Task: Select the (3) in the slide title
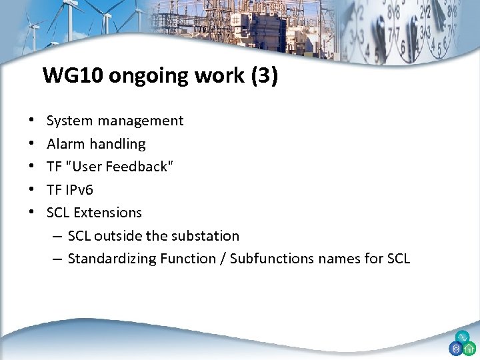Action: pyautogui.click(x=263, y=76)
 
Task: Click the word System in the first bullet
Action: pyautogui.click(x=69, y=121)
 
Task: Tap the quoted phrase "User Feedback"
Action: pyautogui.click(x=119, y=167)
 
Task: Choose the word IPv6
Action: pyautogui.click(x=79, y=189)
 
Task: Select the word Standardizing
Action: pyautogui.click(x=112, y=259)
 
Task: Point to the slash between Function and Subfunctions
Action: pyautogui.click(x=221, y=259)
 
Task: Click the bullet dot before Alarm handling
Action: pyautogui.click(x=32, y=144)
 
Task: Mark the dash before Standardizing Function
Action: pyautogui.click(x=57, y=259)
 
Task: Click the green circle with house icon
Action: pyautogui.click(x=469, y=349)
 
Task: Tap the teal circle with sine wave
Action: pyautogui.click(x=462, y=337)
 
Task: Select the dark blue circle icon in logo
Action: pyautogui.click(x=456, y=349)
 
